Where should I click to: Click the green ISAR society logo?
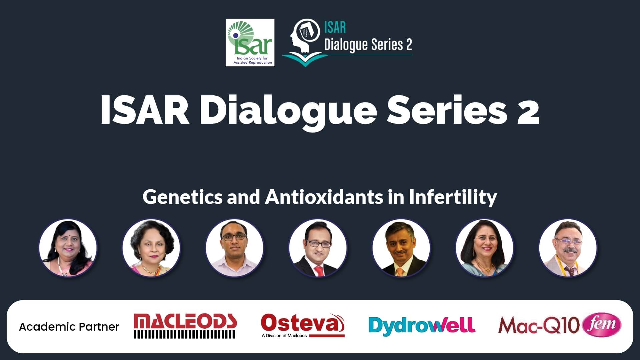pos(250,42)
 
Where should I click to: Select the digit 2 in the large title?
pos(528,110)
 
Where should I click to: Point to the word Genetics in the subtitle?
pos(182,197)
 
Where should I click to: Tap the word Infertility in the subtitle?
pos(453,197)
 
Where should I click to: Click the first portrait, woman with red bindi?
pos(68,248)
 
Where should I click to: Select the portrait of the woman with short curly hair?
pos(151,248)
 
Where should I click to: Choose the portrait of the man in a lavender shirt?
pos(235,248)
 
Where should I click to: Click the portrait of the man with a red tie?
pos(318,248)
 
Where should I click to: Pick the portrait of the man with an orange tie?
pos(401,248)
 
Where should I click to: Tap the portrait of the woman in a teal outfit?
pos(485,248)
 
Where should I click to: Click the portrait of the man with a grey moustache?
pos(568,248)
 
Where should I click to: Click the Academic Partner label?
pos(69,327)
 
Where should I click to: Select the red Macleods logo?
pos(185,326)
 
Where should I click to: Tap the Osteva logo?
pos(303,325)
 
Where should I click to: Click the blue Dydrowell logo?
pos(422,325)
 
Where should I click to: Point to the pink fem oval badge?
pos(602,324)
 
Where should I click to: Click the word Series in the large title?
pos(447,110)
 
